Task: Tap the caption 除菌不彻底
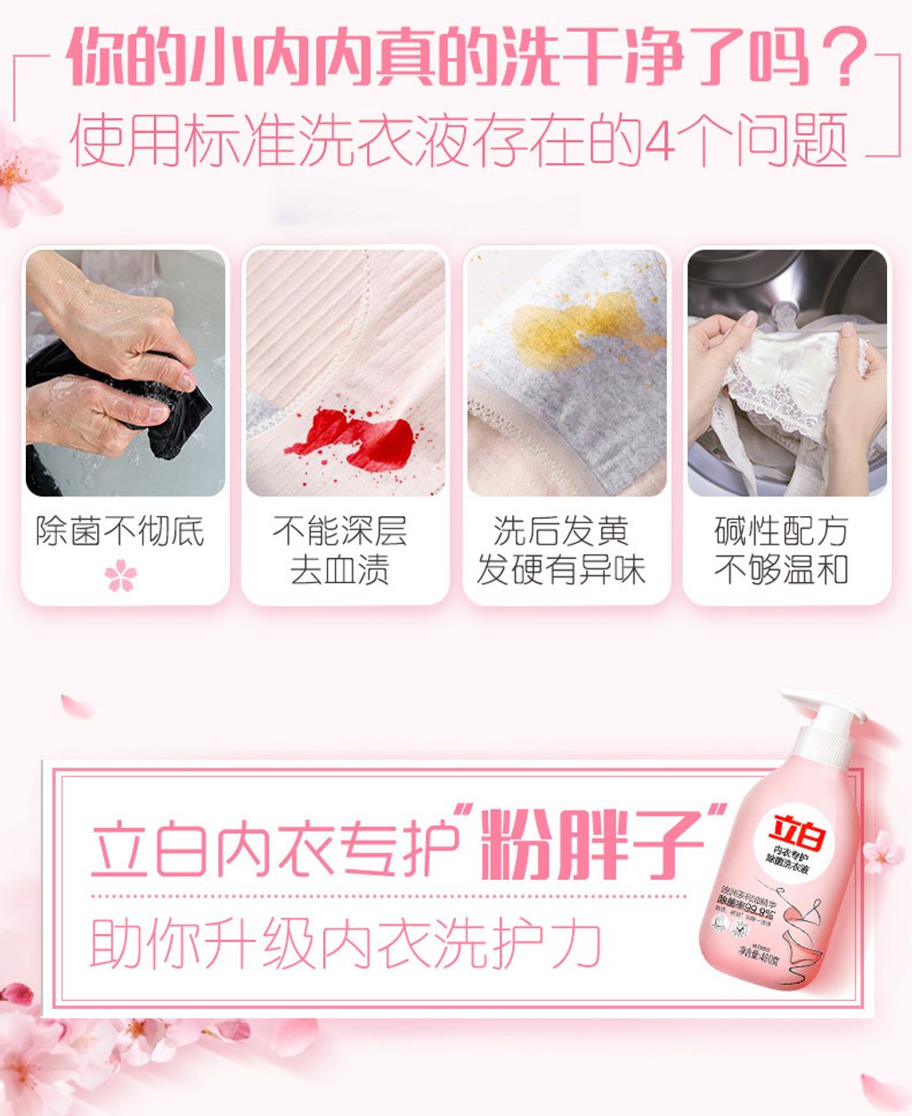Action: [x=120, y=532]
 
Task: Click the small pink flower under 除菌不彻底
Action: [x=121, y=575]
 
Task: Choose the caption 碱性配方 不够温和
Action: [x=781, y=550]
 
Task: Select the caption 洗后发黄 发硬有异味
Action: [x=561, y=550]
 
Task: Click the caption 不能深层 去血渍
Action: [x=340, y=550]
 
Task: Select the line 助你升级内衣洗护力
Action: [x=347, y=943]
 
